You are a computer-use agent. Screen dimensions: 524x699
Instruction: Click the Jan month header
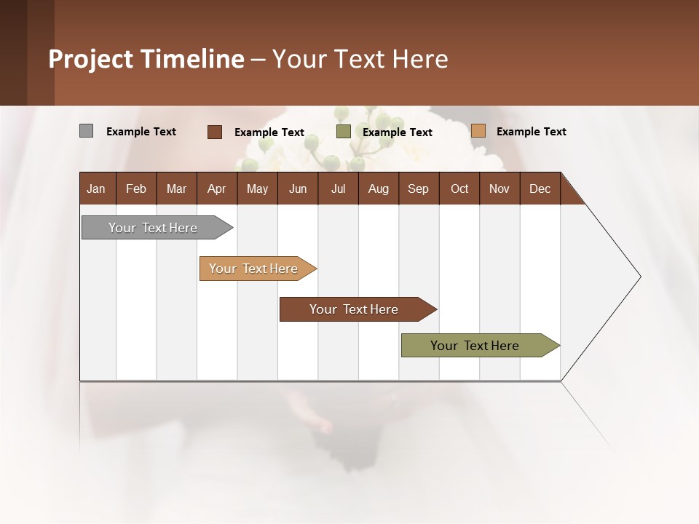point(96,188)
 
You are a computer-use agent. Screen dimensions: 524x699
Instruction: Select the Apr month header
point(216,188)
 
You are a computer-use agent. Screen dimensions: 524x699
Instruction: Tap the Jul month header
point(338,188)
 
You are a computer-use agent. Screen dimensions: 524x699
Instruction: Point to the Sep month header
point(418,188)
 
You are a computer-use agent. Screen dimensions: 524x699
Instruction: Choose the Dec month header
point(540,188)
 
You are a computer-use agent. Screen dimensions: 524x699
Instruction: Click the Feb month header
point(136,188)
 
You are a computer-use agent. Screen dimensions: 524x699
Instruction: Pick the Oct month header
point(459,188)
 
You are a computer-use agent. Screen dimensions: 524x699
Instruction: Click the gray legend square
point(86,131)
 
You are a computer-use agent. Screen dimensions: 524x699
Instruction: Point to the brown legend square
point(214,132)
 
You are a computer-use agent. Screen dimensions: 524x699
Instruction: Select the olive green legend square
point(344,132)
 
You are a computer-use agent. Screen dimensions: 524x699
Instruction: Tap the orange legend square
point(478,131)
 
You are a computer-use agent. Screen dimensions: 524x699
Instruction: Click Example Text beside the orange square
point(531,132)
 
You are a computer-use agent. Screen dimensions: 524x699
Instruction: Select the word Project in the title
point(92,59)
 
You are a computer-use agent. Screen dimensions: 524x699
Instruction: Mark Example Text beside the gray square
point(141,132)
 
